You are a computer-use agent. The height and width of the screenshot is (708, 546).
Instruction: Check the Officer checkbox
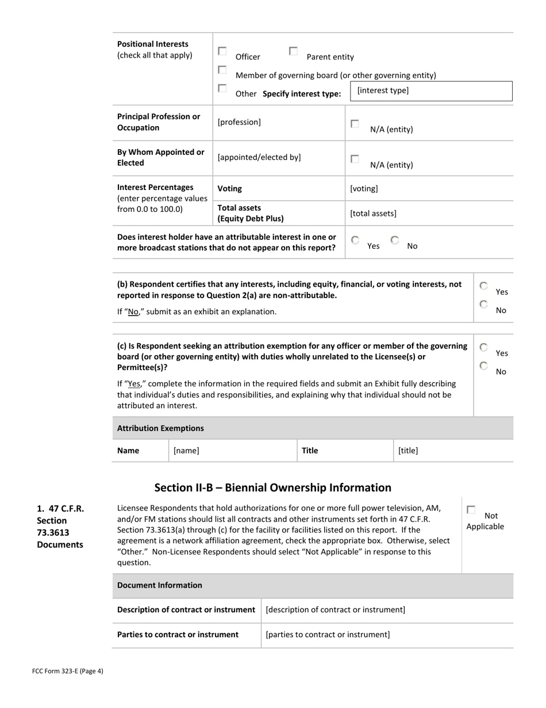pos(222,51)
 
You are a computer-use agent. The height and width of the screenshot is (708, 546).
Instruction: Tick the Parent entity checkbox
pos(293,51)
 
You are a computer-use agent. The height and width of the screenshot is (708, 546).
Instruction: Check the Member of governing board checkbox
pos(222,70)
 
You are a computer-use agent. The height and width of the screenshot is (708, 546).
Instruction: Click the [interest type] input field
pos(430,91)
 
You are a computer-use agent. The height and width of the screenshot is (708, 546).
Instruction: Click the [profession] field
pos(279,122)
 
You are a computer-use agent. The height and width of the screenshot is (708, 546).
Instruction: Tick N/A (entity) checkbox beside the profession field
pos(355,124)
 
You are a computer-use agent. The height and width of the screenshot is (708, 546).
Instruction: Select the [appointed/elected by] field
pos(279,157)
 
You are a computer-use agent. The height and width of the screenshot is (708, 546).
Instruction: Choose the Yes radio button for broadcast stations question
pos(356,240)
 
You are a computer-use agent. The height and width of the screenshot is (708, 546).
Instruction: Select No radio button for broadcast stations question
pos(395,240)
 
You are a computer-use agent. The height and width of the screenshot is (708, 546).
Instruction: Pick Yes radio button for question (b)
pos(484,286)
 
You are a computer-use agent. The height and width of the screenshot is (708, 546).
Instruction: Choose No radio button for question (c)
pos(484,366)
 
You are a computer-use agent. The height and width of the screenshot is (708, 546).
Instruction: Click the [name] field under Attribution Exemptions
pos(232,451)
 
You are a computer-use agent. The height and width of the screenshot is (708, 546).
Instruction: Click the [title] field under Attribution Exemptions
pos(453,451)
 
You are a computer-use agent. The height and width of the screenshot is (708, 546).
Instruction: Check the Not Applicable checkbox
pos(471,510)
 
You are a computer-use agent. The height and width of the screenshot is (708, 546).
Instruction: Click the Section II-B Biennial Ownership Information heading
pos(272,488)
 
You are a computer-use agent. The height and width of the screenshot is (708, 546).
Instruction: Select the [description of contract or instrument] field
pos(387,610)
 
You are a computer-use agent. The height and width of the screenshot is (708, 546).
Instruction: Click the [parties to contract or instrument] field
pos(387,634)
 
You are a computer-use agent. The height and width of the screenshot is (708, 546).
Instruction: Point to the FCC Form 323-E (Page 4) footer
pos(68,671)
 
